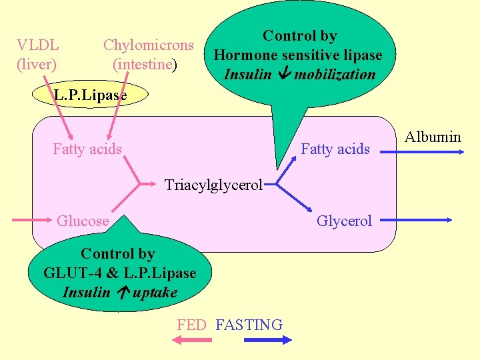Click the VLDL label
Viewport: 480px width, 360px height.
[38, 45]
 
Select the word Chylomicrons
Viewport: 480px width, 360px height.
[148, 45]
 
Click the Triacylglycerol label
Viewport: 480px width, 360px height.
[213, 185]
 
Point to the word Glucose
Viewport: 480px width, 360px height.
[83, 221]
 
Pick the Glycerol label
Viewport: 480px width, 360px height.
[344, 221]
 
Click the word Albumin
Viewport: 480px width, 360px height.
[433, 137]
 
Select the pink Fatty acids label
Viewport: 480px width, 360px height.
[87, 149]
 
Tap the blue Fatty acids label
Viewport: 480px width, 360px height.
[335, 149]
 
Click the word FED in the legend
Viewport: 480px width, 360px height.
[192, 325]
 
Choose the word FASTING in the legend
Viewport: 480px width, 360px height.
[249, 325]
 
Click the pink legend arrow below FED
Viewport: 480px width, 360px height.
[191, 340]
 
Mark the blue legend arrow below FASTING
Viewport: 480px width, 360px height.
[268, 340]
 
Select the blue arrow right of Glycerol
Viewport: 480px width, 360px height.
[420, 219]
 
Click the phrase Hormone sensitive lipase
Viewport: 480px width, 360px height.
[298, 55]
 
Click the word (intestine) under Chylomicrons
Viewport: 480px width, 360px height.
[145, 65]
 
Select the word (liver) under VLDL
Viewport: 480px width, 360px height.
[37, 65]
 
